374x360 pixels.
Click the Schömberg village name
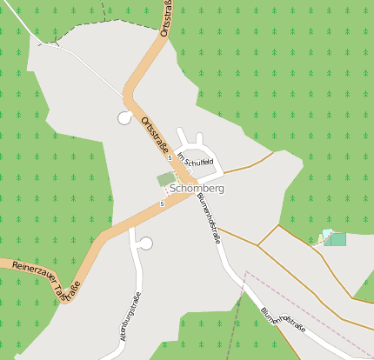(x=197, y=188)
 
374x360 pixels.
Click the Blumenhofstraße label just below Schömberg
(x=206, y=217)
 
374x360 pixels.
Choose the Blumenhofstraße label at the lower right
(x=283, y=320)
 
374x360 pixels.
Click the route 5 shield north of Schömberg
(x=170, y=157)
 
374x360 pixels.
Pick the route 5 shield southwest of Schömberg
(x=162, y=203)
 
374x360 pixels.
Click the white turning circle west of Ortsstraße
(x=124, y=117)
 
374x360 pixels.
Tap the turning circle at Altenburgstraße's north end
(x=145, y=243)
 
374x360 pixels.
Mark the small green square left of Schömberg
(x=165, y=178)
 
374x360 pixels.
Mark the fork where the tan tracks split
(x=258, y=245)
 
